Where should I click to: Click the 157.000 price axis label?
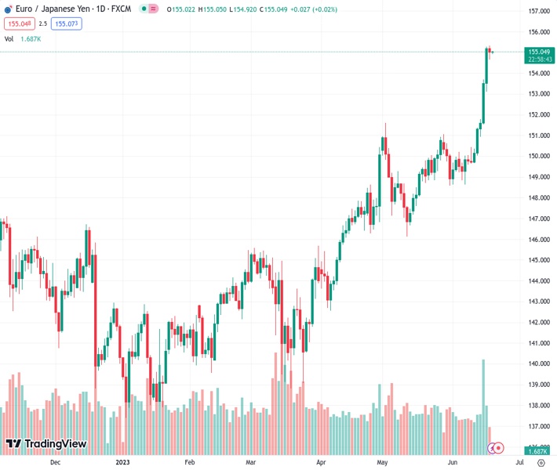pos(537,12)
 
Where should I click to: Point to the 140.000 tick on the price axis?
pos(537,364)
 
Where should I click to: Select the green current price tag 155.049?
pos(537,51)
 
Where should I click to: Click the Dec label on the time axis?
pos(55,462)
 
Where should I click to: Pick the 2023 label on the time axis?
pos(123,462)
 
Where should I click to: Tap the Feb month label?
pos(189,462)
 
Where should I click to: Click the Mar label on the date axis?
pos(250,462)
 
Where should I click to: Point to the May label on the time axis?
pos(383,462)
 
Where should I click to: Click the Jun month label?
pos(453,462)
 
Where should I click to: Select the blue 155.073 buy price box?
pos(67,24)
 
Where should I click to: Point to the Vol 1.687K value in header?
pos(32,38)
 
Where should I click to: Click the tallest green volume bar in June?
pos(483,392)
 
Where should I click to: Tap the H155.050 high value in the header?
pos(210,9)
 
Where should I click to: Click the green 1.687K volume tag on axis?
pos(537,451)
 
